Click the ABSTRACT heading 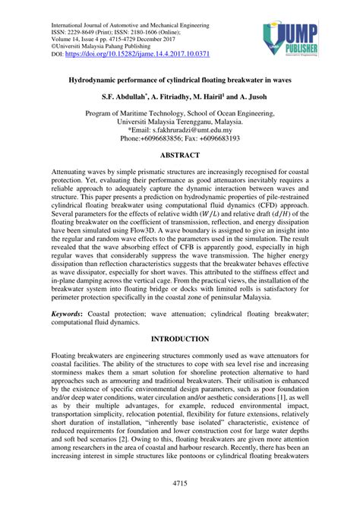179,154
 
